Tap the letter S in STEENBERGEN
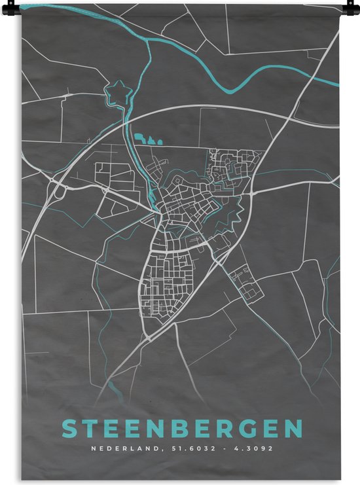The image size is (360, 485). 69,429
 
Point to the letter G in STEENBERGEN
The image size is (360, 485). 247,429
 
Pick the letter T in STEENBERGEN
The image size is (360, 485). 91,429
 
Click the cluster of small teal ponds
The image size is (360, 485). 148,139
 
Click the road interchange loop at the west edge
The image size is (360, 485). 60,192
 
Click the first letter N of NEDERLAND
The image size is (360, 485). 93,449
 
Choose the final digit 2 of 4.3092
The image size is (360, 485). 270,449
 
